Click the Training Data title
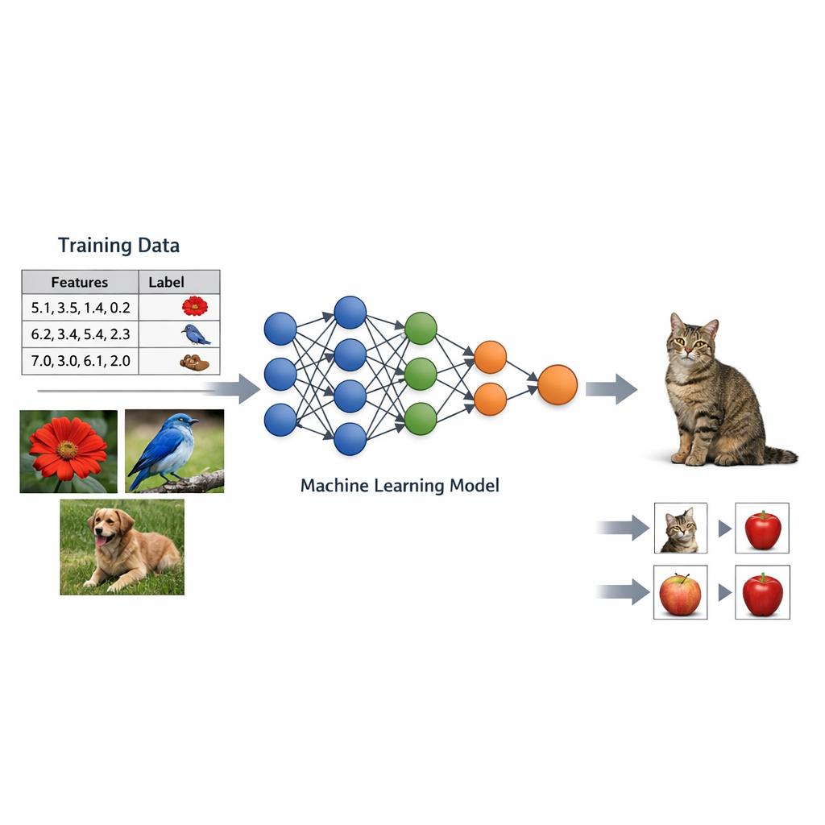point(118,246)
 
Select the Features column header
point(79,282)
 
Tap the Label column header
point(167,282)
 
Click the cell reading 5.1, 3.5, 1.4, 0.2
point(80,307)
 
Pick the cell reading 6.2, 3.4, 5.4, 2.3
point(80,334)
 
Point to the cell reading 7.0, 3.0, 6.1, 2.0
point(80,361)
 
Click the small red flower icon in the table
point(194,306)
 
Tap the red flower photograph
point(68,451)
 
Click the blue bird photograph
point(174,451)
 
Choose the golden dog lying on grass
point(122,547)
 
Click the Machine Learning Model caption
point(400,486)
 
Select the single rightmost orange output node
point(558,384)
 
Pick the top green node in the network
point(421,329)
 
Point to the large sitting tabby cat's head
point(693,341)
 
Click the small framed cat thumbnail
point(680,529)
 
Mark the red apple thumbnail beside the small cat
point(762,529)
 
